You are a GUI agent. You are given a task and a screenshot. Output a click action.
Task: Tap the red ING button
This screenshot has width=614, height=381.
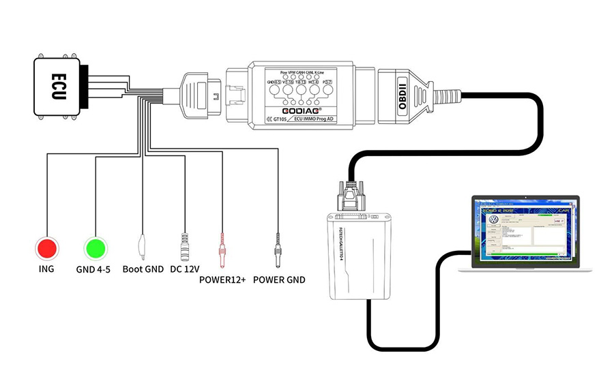(47, 247)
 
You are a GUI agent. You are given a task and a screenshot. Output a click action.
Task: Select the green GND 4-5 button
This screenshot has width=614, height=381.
(95, 247)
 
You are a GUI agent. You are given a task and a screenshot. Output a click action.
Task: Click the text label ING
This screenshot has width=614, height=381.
(47, 269)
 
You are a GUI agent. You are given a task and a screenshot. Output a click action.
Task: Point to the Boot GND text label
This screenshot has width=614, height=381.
(143, 269)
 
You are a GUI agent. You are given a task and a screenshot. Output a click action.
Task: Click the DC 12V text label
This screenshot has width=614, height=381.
(185, 269)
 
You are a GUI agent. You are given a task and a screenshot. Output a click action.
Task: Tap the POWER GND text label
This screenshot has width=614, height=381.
(279, 279)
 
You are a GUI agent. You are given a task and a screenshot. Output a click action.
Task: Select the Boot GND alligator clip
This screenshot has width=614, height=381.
(143, 247)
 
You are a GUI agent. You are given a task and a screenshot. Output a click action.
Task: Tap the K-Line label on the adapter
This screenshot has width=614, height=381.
(326, 72)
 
